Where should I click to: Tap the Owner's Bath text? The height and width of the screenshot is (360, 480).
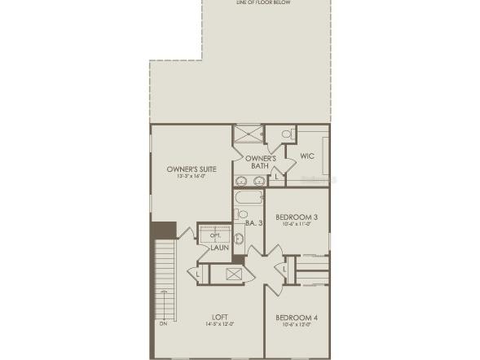coord(261,161)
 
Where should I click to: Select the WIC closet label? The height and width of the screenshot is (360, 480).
coord(307,156)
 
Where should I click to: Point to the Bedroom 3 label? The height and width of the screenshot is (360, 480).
coord(297,217)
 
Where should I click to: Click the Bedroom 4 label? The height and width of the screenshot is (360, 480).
coord(297,317)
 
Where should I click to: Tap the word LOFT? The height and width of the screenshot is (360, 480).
coord(219,317)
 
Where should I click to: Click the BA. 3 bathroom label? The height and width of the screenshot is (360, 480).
coord(253,222)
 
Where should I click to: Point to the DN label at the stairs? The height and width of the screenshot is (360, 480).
coord(164,324)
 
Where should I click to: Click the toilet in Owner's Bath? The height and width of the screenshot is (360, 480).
coord(287,134)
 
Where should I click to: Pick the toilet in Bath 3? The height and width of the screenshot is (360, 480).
coord(242,214)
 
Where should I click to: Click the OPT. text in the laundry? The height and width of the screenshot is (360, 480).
coord(216,235)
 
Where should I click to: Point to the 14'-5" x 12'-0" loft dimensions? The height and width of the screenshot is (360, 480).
coord(219,324)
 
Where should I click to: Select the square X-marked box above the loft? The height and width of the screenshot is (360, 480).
coord(235,274)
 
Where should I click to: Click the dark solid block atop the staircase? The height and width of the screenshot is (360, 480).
coord(164,230)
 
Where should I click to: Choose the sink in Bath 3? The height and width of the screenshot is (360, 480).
coord(240,239)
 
